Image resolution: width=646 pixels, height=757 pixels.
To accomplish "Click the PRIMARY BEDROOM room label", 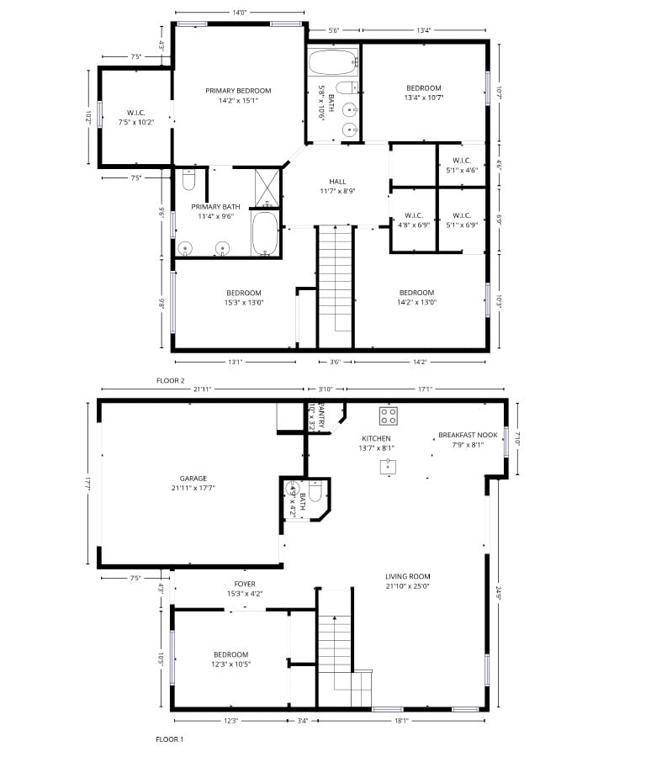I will coord(238,90).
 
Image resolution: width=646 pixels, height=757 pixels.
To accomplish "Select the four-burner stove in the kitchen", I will coord(388,415).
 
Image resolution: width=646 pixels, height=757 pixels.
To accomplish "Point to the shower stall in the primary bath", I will coord(267,187).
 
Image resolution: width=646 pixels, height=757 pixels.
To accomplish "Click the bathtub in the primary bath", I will coord(265,233).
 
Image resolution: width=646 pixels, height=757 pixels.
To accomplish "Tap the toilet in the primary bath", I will coord(188,179).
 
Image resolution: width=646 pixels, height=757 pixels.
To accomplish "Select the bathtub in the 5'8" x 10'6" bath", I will coord(333,62).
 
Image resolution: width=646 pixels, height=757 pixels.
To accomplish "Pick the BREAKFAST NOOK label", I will coord(468,436).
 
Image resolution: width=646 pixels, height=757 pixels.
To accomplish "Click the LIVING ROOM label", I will coord(408,576).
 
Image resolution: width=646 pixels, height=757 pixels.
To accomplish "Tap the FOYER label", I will coord(245,584).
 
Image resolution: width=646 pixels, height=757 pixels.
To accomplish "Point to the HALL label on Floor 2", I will coord(337,182).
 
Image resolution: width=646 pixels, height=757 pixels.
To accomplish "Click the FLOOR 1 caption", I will coord(169,739).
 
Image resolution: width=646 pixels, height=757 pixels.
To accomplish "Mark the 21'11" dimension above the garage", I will coord(201,388).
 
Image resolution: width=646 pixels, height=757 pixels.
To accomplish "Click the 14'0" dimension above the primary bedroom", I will coord(239,12).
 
